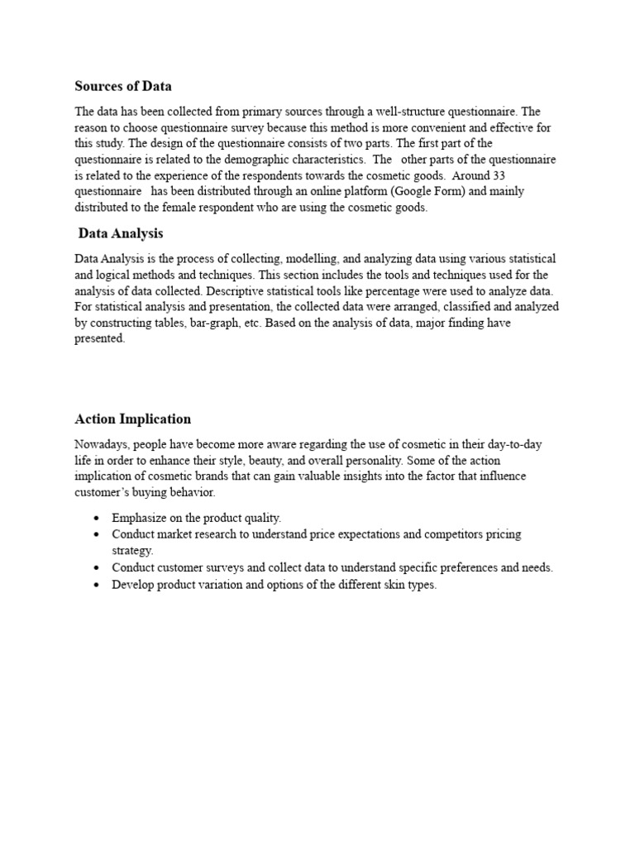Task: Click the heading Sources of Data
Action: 123,86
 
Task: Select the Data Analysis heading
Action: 121,234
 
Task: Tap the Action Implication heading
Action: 132,419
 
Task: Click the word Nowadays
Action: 103,444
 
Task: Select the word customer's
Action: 105,492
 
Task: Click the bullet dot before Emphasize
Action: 97,519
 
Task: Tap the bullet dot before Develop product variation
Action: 97,585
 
